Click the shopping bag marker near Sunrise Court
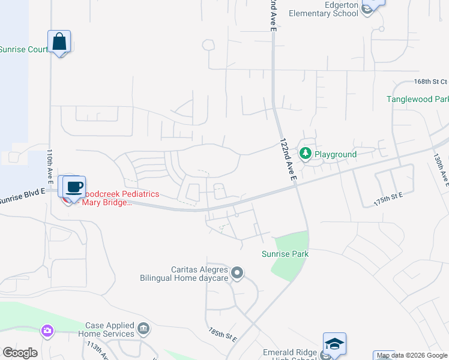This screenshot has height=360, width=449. pos(59,42)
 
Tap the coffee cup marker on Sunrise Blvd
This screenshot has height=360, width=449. pos(74,187)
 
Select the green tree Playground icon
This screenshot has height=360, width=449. pos(306,154)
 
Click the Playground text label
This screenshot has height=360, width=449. pos(336,154)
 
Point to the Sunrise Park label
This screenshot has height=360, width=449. pos(285,254)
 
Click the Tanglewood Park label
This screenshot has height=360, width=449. pos(418,99)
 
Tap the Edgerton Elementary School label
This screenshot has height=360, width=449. pos(324,9)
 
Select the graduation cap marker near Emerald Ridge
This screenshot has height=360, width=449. pos(334,344)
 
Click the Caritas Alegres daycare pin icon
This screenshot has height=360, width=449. pos(237,274)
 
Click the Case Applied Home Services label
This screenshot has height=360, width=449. pos(110,329)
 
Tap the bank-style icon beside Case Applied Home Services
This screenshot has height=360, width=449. pos(143,329)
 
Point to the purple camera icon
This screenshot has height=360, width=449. pos(47,331)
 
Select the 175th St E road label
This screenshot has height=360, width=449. pos(387,199)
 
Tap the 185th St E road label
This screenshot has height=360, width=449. pos(223,335)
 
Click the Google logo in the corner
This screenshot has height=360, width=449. pos(20,353)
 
